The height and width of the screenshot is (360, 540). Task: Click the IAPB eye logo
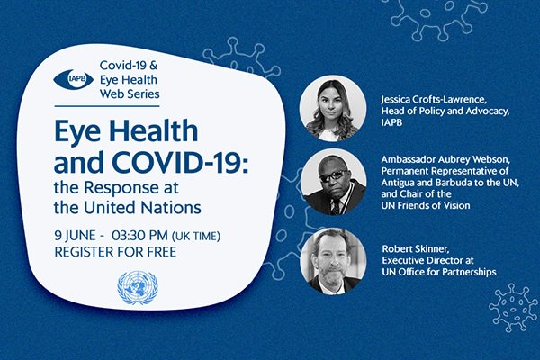click(74, 79)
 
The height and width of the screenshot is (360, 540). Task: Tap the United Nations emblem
click(138, 288)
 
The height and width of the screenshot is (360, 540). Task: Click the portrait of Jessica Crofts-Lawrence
click(333, 109)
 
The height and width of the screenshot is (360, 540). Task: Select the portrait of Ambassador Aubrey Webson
click(333, 182)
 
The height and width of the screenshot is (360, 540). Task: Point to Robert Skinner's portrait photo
click(333, 262)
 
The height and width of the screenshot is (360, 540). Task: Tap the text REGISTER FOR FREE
click(115, 252)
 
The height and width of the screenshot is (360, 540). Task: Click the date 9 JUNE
click(75, 236)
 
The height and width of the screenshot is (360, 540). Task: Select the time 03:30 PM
click(139, 236)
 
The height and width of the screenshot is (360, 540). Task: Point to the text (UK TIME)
click(196, 237)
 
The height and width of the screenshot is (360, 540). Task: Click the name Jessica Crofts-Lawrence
click(434, 100)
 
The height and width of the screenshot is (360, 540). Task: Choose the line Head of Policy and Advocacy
click(445, 112)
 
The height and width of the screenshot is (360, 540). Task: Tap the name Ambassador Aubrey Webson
click(446, 160)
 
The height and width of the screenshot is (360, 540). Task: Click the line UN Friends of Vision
click(426, 206)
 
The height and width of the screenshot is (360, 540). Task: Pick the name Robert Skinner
click(416, 248)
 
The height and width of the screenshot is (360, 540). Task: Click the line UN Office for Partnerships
click(439, 272)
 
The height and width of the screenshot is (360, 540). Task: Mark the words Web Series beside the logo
click(130, 94)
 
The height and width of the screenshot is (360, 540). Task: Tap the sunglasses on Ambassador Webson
click(333, 175)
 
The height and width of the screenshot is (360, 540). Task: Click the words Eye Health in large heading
click(126, 131)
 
